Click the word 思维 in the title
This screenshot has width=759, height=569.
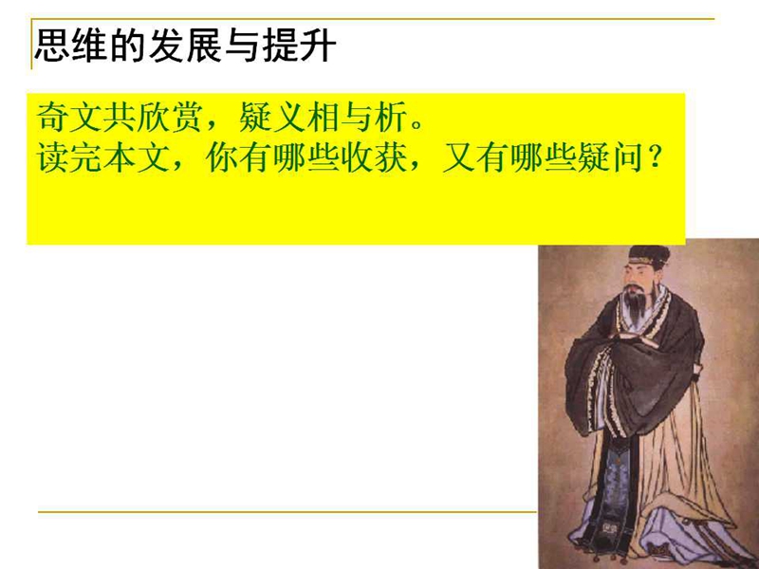coord(72,46)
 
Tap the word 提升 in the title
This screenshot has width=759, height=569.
coord(299,46)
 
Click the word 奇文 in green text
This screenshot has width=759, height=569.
coord(69,117)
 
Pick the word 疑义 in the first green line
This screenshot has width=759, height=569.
coord(271,117)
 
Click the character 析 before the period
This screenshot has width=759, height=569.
coord(390,117)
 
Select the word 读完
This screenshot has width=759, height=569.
coord(69,157)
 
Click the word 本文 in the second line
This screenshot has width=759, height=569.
coord(137,157)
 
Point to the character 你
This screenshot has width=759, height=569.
coord(221,157)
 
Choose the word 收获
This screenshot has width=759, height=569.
coord(373,157)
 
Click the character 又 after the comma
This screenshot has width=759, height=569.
coord(458,157)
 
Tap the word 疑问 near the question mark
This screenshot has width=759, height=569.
coord(610,157)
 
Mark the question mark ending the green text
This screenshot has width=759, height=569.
coord(655,157)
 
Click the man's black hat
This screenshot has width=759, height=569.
coord(650,255)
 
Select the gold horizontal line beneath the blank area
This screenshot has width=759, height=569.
coord(287,511)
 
